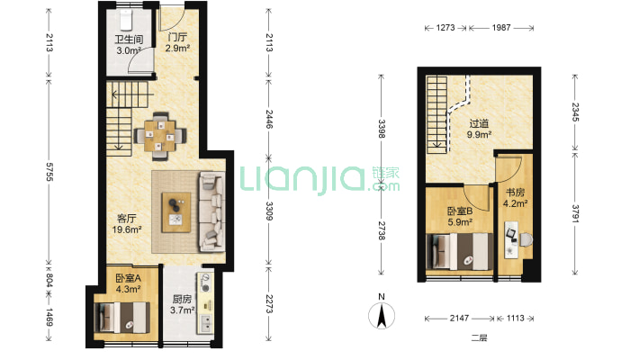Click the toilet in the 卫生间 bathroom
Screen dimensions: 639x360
coord(126,20)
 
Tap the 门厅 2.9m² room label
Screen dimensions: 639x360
coord(177,42)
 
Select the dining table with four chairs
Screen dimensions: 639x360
coord(160,136)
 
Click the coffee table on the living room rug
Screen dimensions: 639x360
coord(176,212)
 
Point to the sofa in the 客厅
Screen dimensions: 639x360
coord(211,211)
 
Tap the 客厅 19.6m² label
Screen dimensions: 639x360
coord(127,224)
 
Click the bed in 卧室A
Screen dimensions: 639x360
coord(121,317)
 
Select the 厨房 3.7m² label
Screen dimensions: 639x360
coord(182,304)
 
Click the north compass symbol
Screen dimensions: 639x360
coord(382,312)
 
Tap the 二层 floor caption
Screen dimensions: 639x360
coord(479,337)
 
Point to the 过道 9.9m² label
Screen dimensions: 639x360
coord(479,129)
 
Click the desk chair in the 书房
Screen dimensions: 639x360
coord(525,239)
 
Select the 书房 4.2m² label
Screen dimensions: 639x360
coord(515,197)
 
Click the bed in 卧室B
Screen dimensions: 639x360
coord(459,252)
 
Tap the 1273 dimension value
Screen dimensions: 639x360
coord(445,28)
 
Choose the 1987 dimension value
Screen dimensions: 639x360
coord(500,28)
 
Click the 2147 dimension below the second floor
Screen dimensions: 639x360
coord(459,318)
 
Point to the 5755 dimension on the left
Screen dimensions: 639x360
coord(49,172)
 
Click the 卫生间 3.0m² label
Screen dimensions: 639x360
coord(129,45)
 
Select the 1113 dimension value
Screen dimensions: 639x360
coord(515,318)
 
